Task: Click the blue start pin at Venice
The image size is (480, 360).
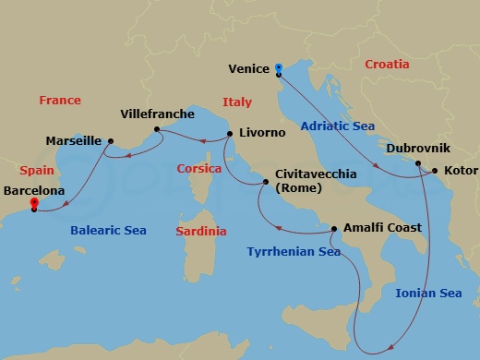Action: pos(279,68)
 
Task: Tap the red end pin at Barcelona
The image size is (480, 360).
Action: pos(34,203)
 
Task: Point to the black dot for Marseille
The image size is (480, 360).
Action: pos(111,141)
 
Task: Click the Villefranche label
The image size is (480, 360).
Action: pos(158,114)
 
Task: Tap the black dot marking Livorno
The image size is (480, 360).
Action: pos(228,134)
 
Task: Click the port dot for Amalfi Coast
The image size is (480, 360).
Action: pos(335,227)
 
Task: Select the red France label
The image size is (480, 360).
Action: pos(60,100)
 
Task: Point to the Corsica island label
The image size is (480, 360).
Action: pos(198,169)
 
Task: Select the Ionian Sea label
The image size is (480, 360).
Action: pos(427,293)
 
